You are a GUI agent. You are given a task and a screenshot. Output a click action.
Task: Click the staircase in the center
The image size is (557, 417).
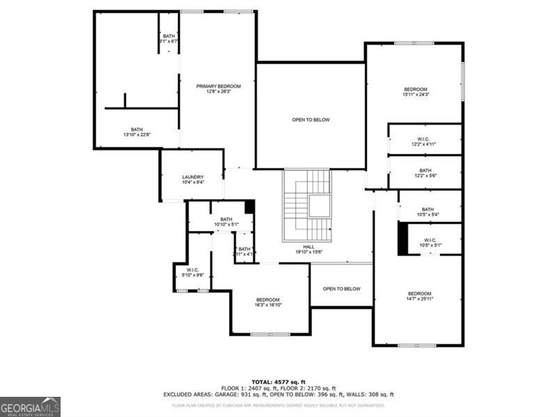coord(308,206)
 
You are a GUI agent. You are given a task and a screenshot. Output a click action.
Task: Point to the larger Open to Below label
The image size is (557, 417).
coord(311,120)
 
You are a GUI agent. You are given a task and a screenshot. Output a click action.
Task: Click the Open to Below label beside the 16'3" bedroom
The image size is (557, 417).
coord(341,289)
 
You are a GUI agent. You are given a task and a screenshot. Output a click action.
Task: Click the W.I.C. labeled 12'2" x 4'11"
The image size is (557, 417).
coord(425,141)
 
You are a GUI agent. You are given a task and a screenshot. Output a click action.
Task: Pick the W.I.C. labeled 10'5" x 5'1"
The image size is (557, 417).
coord(429,242)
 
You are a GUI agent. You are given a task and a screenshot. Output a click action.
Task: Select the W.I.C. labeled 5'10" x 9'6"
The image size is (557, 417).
coord(192,272)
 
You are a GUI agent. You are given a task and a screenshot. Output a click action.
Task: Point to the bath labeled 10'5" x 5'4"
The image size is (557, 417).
coord(427,212)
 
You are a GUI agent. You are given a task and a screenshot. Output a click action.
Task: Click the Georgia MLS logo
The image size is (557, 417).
coord(30,407)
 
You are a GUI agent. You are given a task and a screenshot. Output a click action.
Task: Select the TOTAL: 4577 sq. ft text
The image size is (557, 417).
coord(278,381)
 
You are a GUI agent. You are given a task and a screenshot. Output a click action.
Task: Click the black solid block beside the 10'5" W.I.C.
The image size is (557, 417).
coord(403,238)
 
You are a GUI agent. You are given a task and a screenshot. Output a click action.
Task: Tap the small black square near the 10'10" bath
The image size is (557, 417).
coord(249,207)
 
